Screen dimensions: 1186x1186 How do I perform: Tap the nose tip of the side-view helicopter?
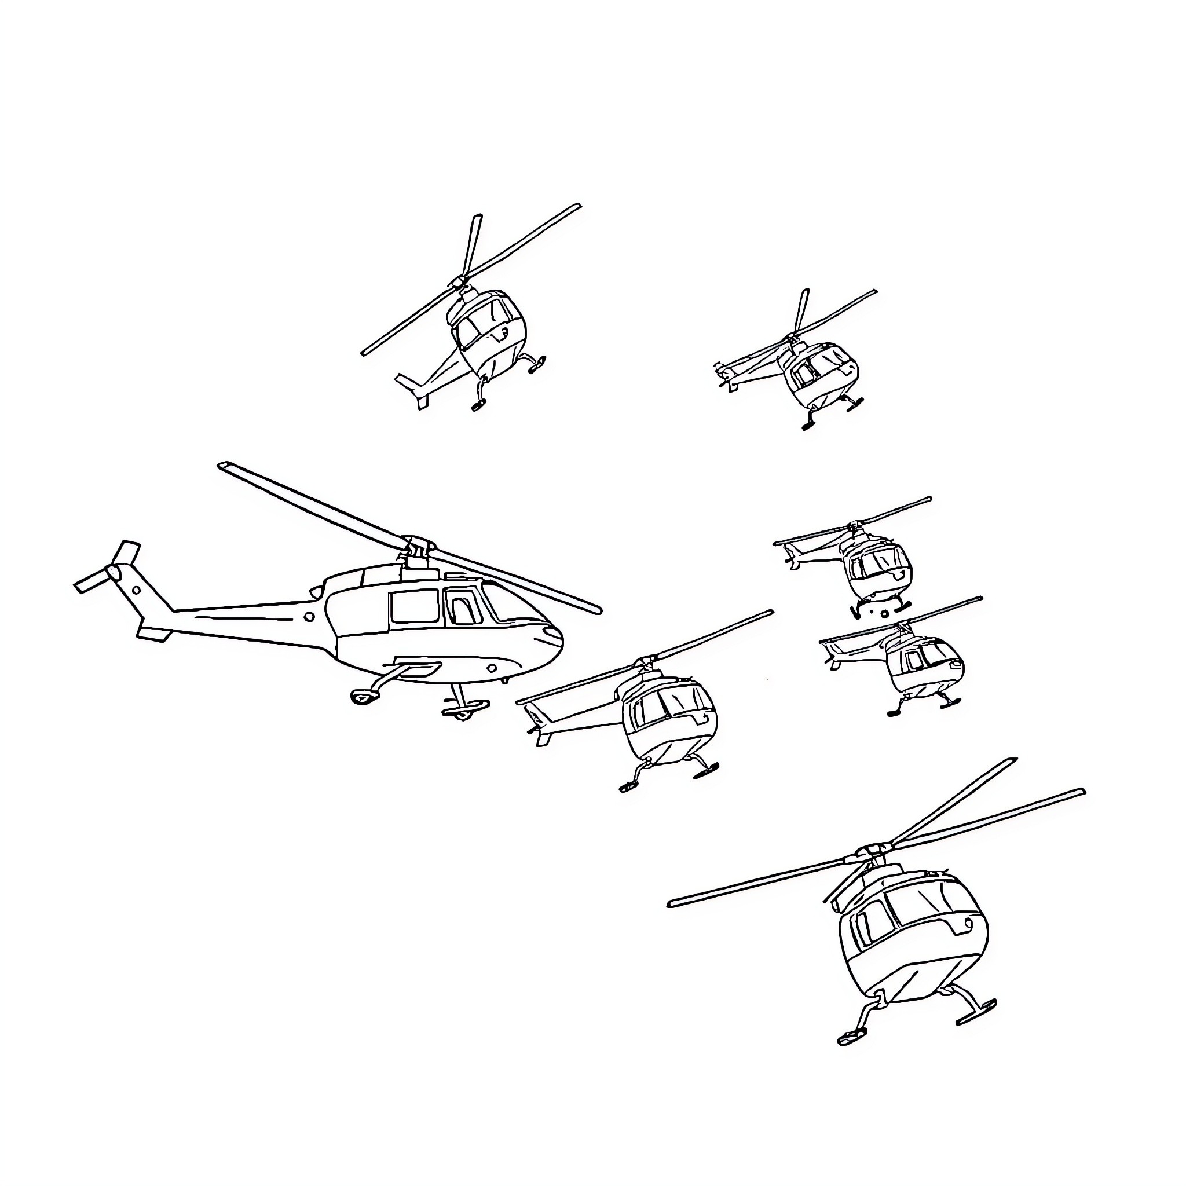point(560,641)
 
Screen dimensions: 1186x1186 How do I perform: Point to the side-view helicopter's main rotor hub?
point(418,544)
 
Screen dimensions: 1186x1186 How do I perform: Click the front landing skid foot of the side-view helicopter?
point(467,711)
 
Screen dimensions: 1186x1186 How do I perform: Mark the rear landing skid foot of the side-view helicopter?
point(364,696)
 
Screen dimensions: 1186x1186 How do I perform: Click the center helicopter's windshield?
point(666,704)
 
